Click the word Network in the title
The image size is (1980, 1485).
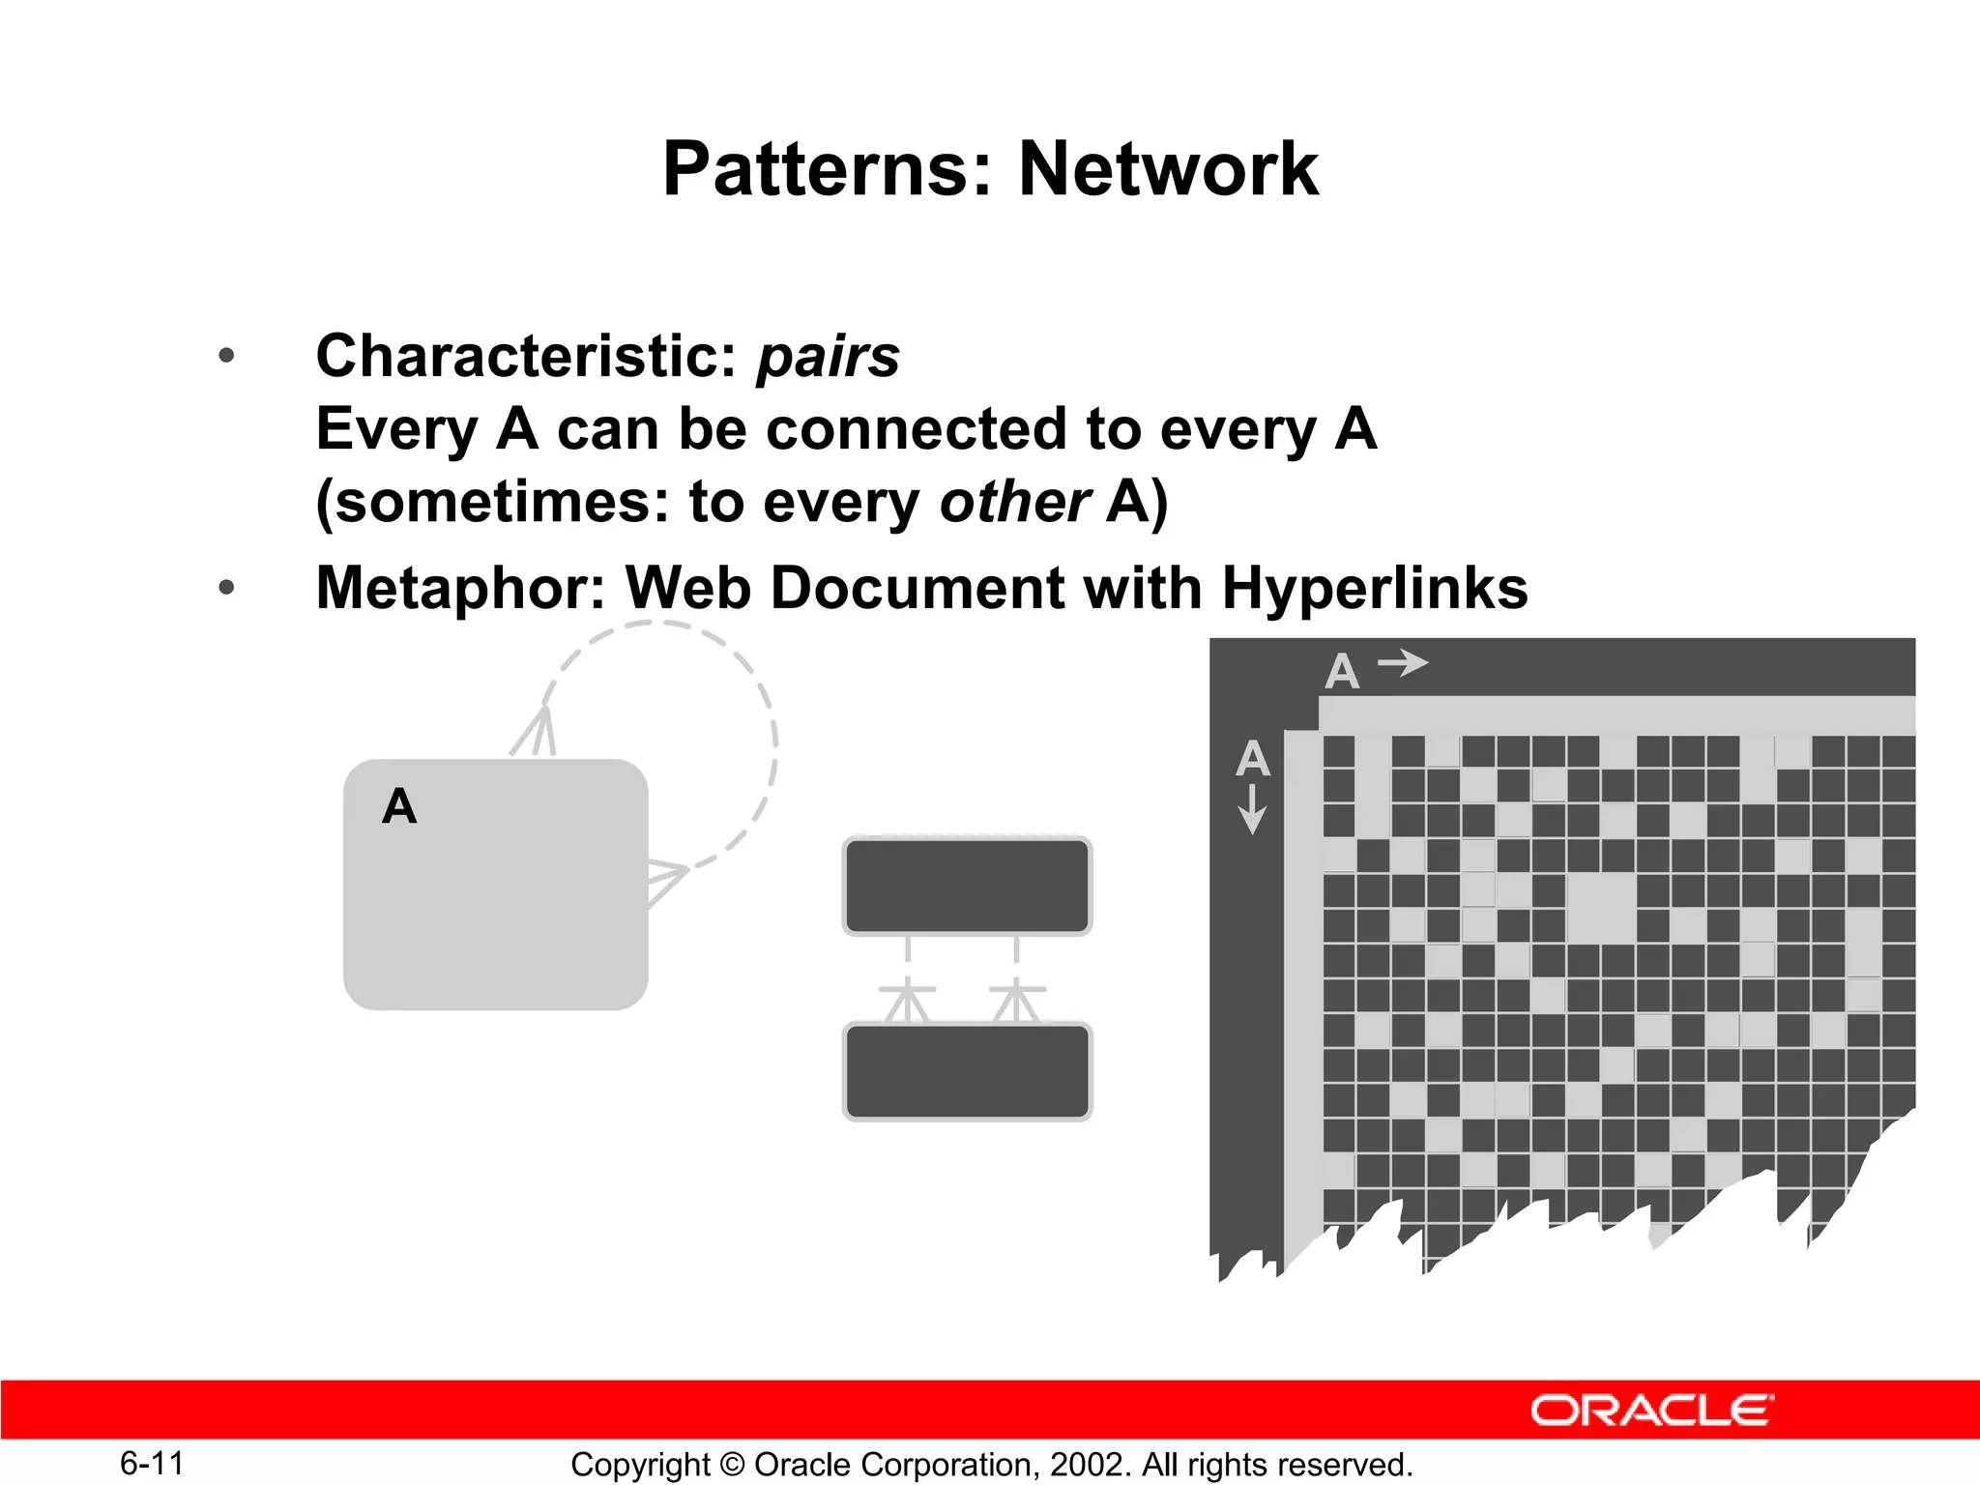pyautogui.click(x=1168, y=169)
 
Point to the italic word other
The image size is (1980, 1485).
pyautogui.click(x=1014, y=502)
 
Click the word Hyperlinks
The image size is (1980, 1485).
pyautogui.click(x=1374, y=588)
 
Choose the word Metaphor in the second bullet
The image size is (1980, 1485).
pyautogui.click(x=460, y=588)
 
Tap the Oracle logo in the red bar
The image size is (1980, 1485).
pyautogui.click(x=1651, y=1411)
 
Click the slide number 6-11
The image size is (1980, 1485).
pyautogui.click(x=152, y=1463)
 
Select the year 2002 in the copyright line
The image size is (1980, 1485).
pyautogui.click(x=1087, y=1465)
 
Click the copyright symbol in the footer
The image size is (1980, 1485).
pyautogui.click(x=732, y=1465)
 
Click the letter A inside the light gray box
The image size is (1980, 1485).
pyautogui.click(x=399, y=806)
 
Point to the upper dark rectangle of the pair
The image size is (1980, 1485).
pyautogui.click(x=967, y=886)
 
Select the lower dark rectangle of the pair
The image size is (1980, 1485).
pyautogui.click(x=967, y=1071)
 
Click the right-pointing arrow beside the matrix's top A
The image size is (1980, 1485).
pyautogui.click(x=1403, y=663)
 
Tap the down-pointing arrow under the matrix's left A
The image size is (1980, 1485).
pyautogui.click(x=1252, y=808)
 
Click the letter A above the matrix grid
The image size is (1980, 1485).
pyautogui.click(x=1342, y=671)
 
